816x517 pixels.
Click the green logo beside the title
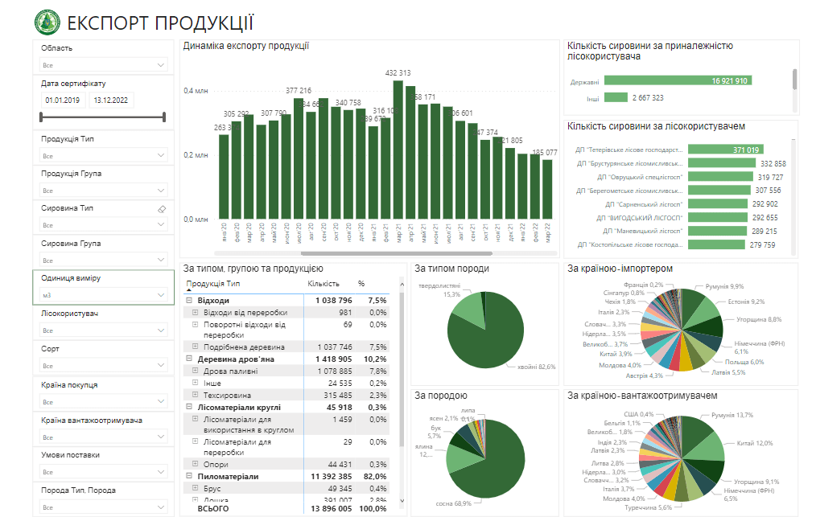pyautogui.click(x=47, y=23)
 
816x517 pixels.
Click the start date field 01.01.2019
pyautogui.click(x=63, y=101)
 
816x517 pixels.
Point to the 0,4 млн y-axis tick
pyautogui.click(x=195, y=91)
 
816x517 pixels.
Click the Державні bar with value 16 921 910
pyautogui.click(x=678, y=80)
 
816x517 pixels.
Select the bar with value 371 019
pyautogui.click(x=723, y=150)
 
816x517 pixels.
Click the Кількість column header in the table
pyautogui.click(x=324, y=284)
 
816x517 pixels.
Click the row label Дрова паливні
pyautogui.click(x=230, y=371)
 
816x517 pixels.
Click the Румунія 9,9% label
pyautogui.click(x=725, y=286)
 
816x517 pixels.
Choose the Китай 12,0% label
pyautogui.click(x=753, y=443)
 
